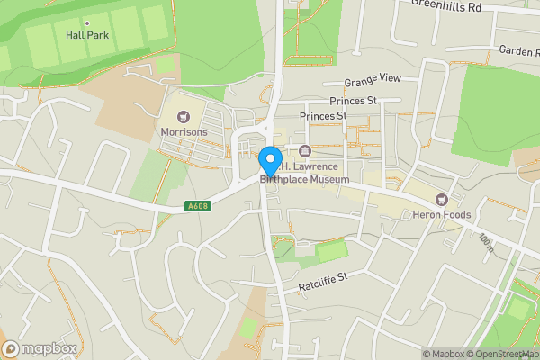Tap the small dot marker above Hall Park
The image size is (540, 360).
tap(86, 22)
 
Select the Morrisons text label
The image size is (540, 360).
tap(184, 132)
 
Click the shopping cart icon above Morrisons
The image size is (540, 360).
tap(184, 117)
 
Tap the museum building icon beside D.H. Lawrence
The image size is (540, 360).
tap(305, 151)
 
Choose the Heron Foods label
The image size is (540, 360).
tap(442, 214)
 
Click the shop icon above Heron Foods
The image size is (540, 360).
tap(442, 199)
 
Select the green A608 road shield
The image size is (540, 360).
tap(199, 206)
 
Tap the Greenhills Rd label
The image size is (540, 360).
tap(447, 6)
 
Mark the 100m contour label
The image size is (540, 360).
tap(487, 243)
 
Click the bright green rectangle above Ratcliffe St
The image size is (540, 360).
tap(333, 251)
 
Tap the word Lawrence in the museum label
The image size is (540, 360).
tap(320, 167)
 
